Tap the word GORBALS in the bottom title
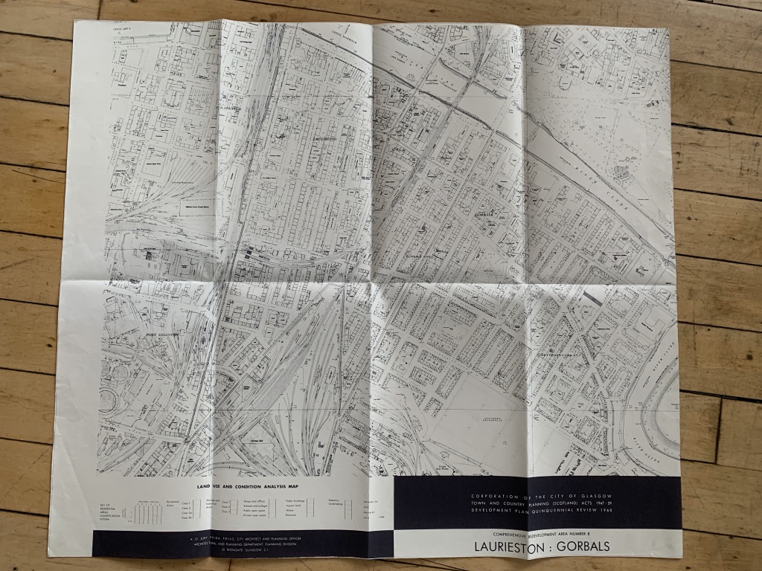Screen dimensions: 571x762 point(583,546)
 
